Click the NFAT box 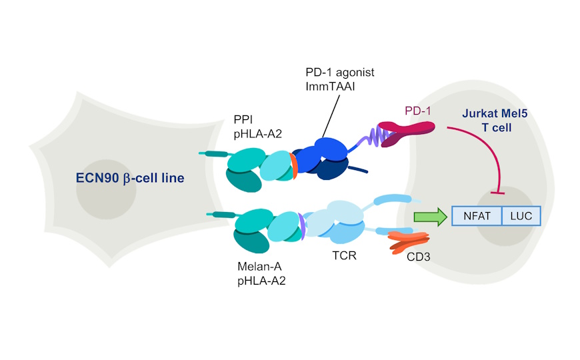476,215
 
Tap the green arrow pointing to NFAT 429,216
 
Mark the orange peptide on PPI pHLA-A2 293,167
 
